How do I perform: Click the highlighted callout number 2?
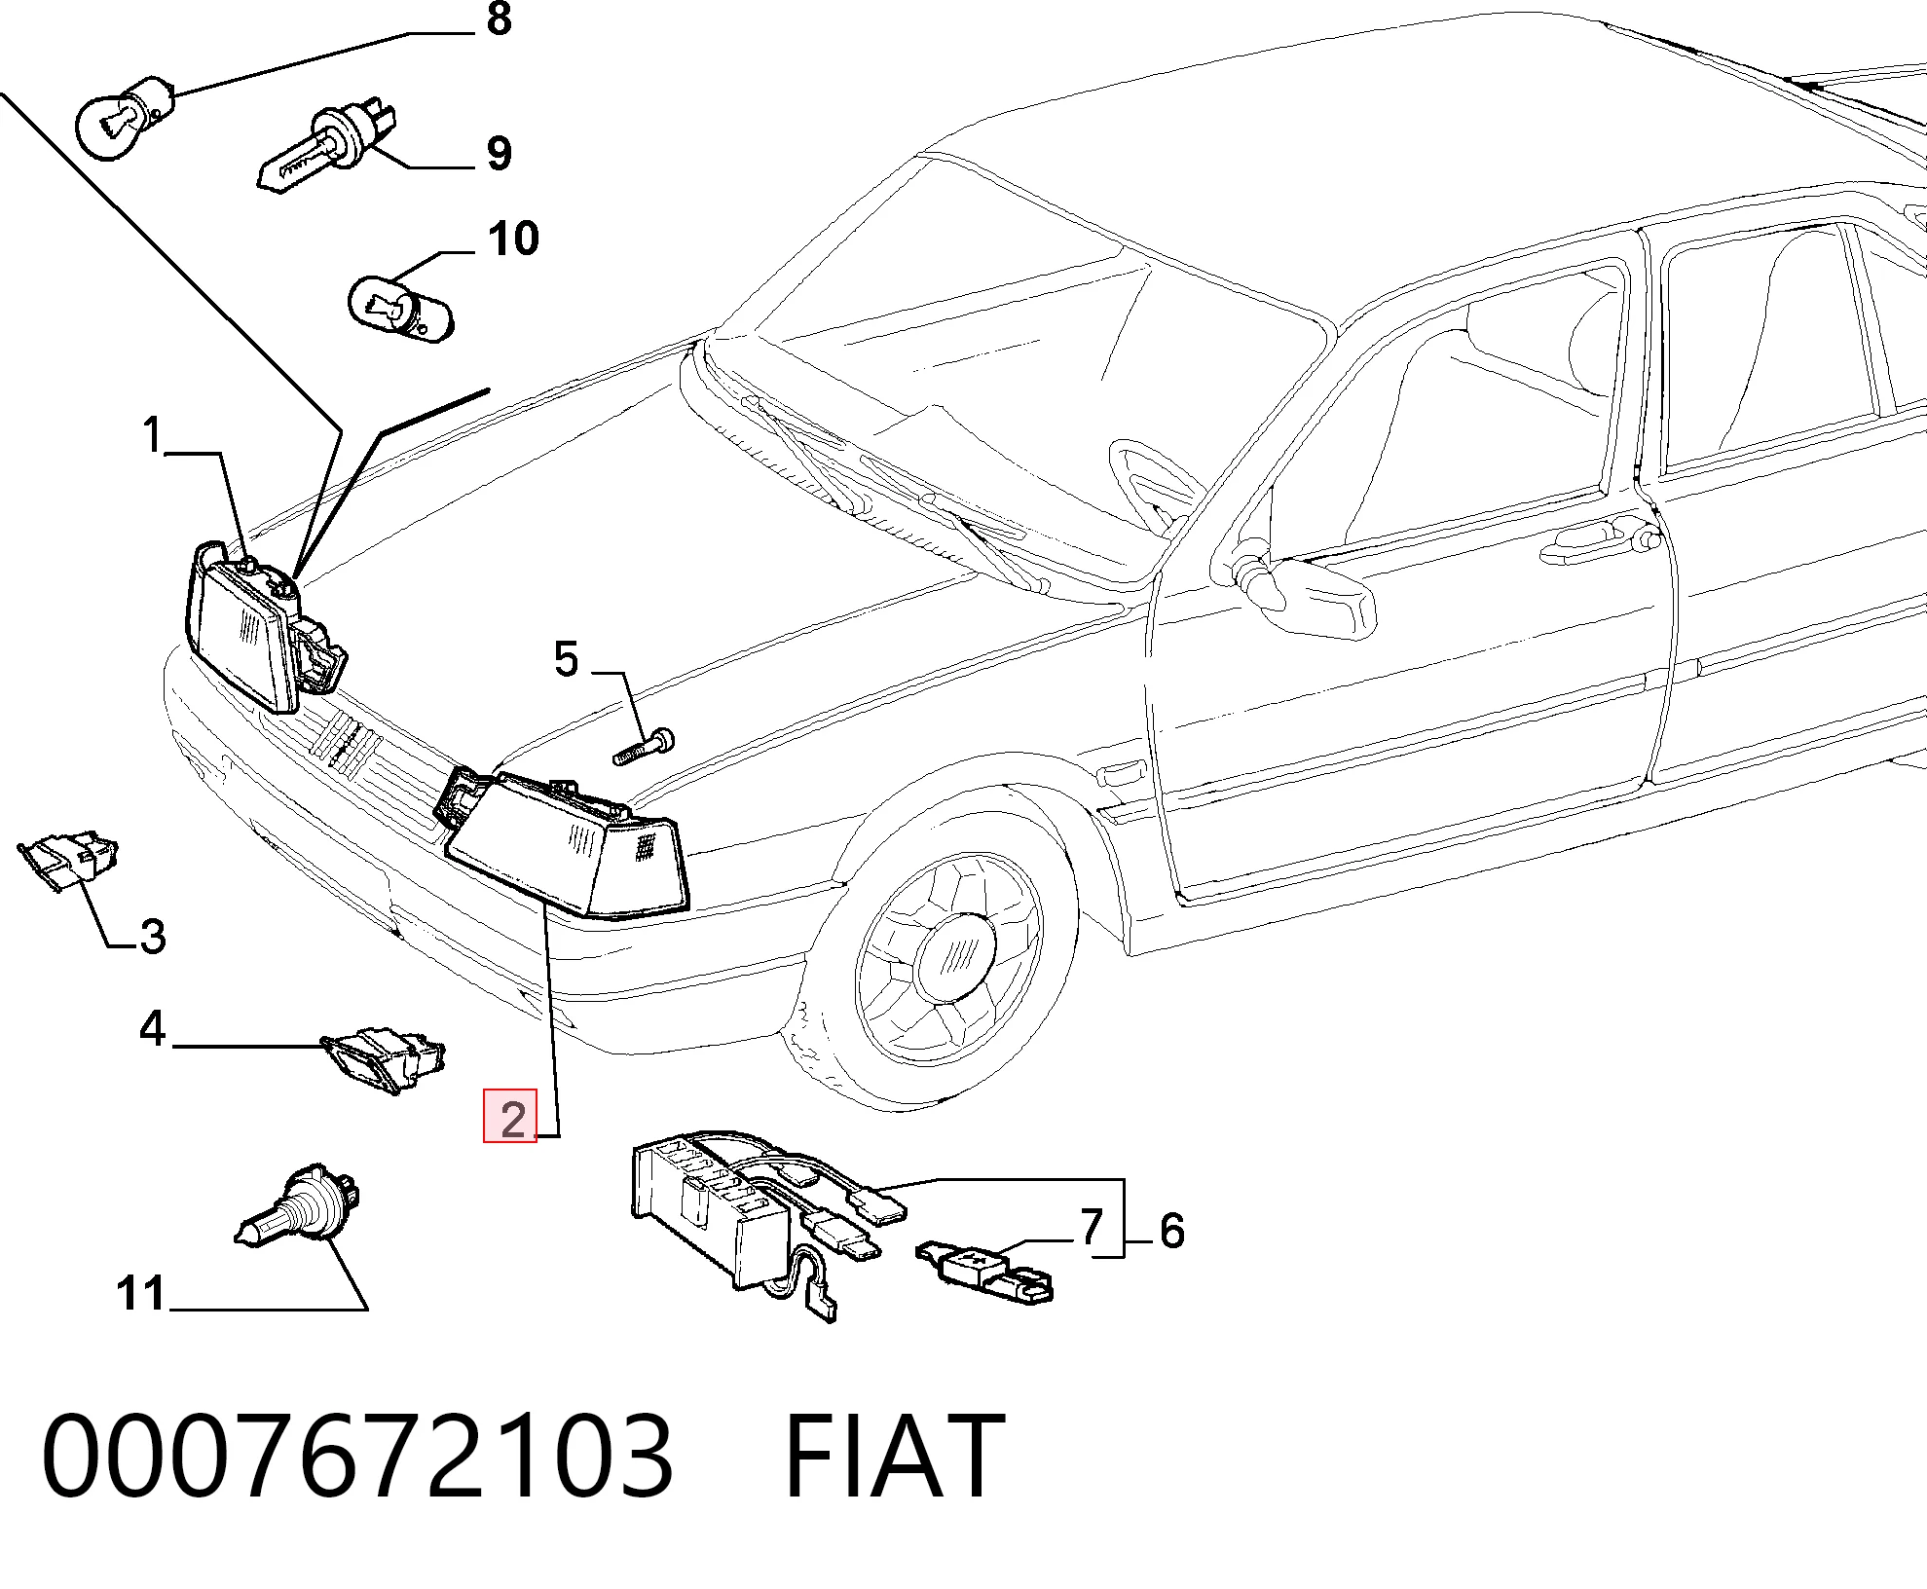[x=511, y=1117]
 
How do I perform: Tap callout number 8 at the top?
[x=499, y=19]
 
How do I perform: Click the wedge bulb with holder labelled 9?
[x=328, y=148]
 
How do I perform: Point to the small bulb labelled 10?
[x=400, y=304]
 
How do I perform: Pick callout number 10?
[x=513, y=240]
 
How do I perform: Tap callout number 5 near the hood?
[x=566, y=660]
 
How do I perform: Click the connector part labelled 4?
[x=384, y=1059]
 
